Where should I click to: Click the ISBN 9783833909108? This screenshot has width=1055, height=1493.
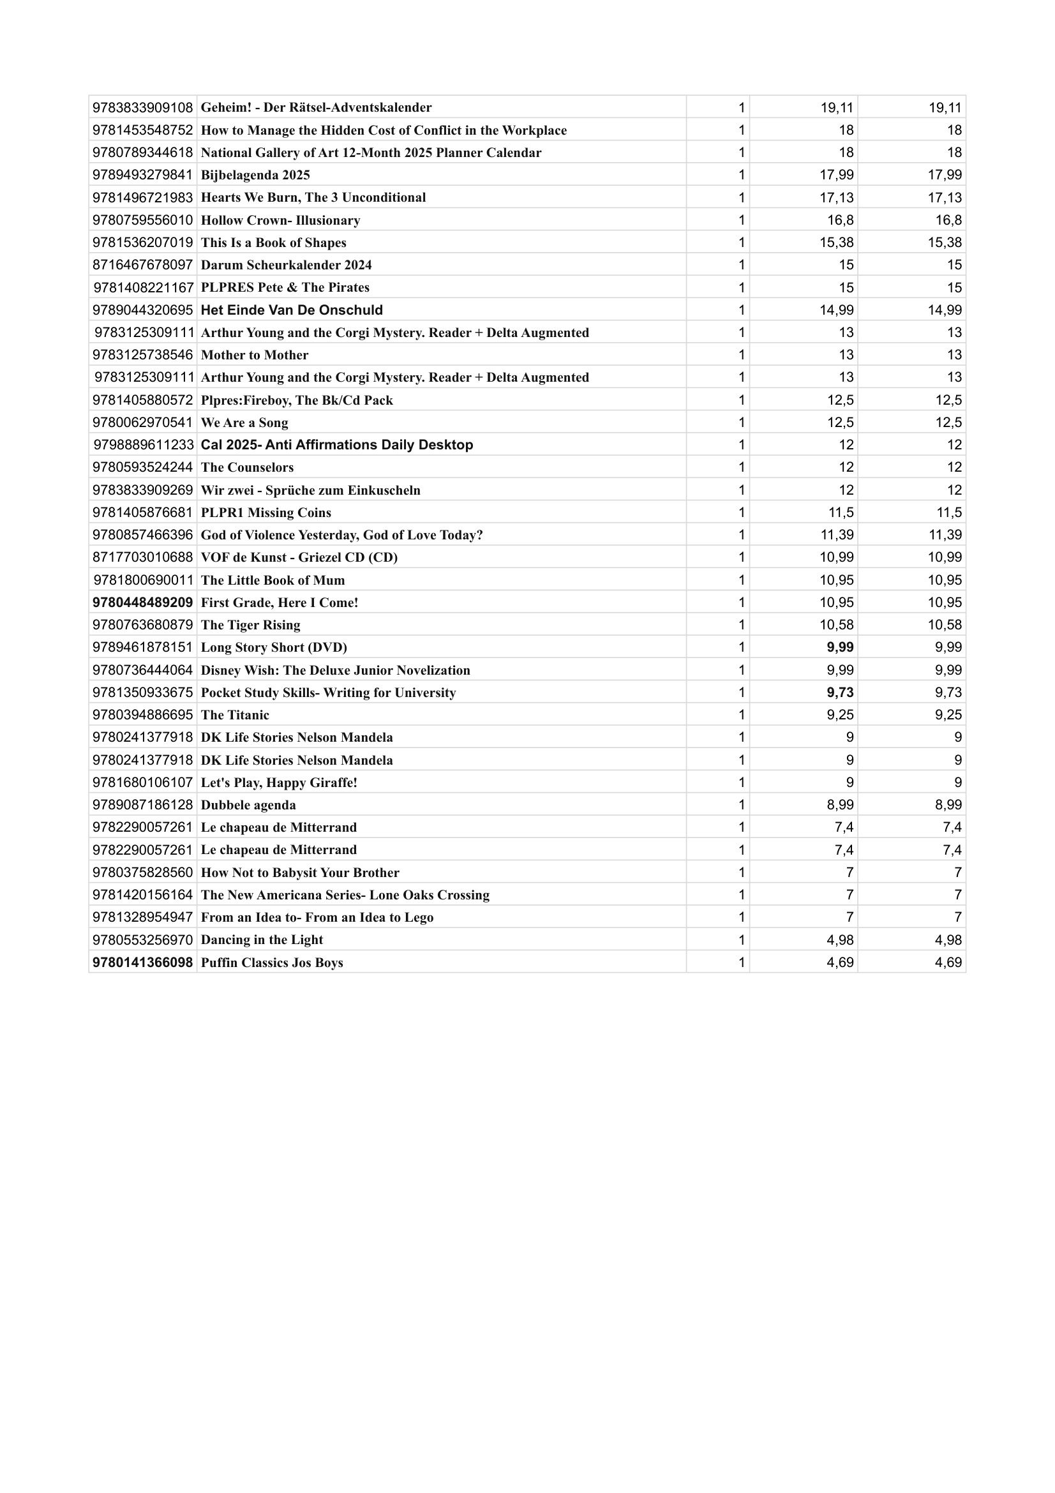tap(142, 107)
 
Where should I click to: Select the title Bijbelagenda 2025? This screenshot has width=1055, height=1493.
tap(255, 175)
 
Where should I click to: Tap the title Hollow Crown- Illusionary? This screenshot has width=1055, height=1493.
tap(280, 220)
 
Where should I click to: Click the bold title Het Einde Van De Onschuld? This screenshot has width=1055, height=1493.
tap(292, 310)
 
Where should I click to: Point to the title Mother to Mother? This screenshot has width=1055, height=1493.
tap(255, 355)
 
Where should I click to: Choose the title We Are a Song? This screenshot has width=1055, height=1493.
tap(244, 423)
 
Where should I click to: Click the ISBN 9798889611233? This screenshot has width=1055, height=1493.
tap(143, 445)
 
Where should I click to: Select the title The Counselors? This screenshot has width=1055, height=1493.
tap(247, 467)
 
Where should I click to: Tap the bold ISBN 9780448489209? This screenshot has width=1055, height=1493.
tap(142, 603)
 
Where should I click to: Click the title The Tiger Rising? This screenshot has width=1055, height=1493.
tap(250, 625)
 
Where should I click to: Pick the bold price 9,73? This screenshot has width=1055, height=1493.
tap(840, 693)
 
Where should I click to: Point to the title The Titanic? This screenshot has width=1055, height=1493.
tap(235, 716)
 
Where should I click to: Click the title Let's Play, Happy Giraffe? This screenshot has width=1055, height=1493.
tap(279, 783)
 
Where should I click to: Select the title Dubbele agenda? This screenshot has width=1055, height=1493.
tap(248, 805)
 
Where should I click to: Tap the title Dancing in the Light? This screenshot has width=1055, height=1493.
tap(262, 940)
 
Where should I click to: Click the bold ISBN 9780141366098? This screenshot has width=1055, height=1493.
tap(142, 963)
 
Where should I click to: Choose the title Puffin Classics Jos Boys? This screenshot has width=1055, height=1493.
tap(272, 963)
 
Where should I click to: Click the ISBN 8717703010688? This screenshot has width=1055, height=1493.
tap(142, 557)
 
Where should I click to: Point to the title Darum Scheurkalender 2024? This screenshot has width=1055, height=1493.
tap(286, 266)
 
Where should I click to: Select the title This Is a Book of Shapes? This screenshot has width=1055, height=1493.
tap(274, 243)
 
